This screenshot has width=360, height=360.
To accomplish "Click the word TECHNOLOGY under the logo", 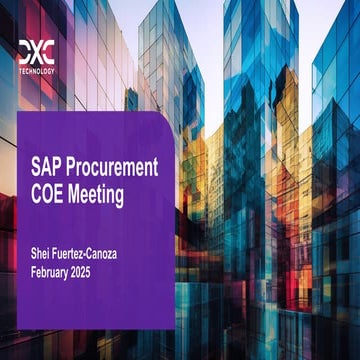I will point(37,72).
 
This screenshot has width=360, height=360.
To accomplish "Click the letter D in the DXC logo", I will point(24,50).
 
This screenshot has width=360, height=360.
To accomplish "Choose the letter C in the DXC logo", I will point(49,50).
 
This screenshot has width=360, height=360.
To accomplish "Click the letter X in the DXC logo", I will point(37,50).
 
